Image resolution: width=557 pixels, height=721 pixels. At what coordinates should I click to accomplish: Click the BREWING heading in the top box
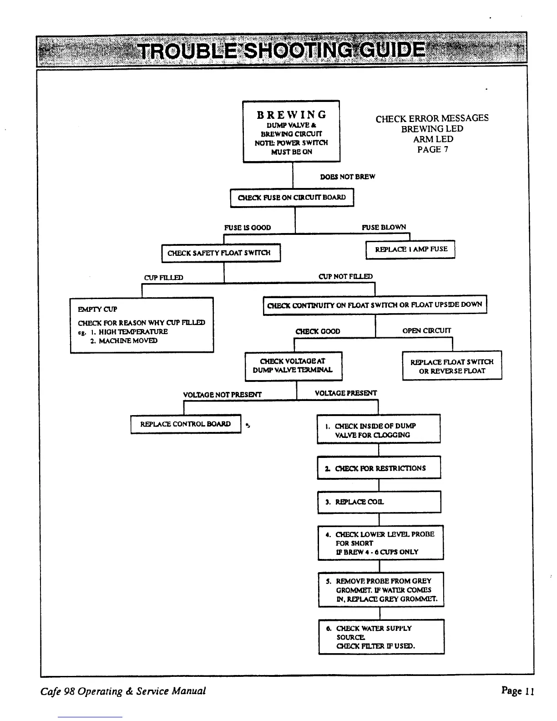(x=291, y=115)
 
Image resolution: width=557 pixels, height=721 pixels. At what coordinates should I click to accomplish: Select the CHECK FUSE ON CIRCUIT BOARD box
(x=292, y=198)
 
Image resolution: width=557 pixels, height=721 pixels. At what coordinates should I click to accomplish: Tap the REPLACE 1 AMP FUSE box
(x=410, y=249)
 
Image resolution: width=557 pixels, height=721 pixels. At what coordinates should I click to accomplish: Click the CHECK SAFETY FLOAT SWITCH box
(x=221, y=253)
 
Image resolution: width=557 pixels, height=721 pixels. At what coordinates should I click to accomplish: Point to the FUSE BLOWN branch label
(x=384, y=227)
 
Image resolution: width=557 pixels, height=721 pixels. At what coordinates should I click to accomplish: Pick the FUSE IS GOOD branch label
(x=248, y=228)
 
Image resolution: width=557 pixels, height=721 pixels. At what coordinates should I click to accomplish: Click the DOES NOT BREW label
(x=348, y=177)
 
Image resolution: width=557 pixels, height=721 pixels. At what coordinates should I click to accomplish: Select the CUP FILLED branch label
(x=163, y=278)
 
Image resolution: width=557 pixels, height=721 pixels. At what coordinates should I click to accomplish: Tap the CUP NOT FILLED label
(x=345, y=276)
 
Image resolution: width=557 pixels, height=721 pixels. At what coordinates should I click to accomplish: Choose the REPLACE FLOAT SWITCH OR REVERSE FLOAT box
(x=452, y=366)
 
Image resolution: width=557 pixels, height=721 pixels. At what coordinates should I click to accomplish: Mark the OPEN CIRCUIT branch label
(x=427, y=331)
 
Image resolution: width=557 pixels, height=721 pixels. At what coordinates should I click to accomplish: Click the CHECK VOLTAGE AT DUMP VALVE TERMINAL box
(x=293, y=366)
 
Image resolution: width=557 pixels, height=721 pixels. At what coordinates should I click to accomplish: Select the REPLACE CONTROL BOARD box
(x=185, y=424)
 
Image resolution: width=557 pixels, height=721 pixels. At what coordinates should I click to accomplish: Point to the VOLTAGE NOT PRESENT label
(x=222, y=395)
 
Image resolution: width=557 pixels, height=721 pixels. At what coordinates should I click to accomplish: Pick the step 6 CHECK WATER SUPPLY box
(x=381, y=637)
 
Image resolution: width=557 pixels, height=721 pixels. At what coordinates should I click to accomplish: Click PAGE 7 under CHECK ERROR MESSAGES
(x=432, y=149)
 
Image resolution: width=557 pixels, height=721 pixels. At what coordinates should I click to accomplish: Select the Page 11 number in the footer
(x=517, y=691)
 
